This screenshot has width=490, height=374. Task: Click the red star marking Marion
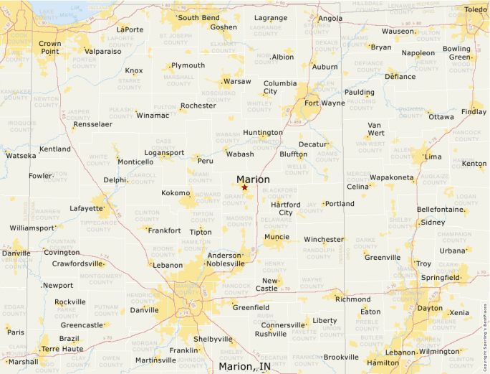tap(244, 187)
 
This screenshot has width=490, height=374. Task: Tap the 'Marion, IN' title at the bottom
tap(244, 367)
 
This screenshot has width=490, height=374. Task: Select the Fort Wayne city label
tap(325, 103)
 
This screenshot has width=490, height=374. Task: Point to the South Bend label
tap(198, 18)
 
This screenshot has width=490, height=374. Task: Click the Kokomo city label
tap(176, 192)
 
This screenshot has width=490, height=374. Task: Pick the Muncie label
tap(277, 237)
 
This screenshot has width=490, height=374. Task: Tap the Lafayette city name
tap(87, 209)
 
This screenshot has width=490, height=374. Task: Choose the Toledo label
tap(474, 9)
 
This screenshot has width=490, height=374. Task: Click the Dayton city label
tap(430, 308)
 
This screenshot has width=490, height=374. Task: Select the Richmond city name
tap(352, 299)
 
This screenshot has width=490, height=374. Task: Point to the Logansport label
tap(164, 153)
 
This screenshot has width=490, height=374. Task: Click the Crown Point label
tap(49, 47)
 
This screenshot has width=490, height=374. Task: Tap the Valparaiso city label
tap(103, 52)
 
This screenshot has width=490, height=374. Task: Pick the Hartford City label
tap(285, 209)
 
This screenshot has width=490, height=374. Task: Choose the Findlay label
tap(473, 112)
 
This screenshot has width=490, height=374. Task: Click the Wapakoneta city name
tap(392, 177)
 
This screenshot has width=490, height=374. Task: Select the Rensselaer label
tap(92, 124)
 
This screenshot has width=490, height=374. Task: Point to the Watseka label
tap(20, 155)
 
